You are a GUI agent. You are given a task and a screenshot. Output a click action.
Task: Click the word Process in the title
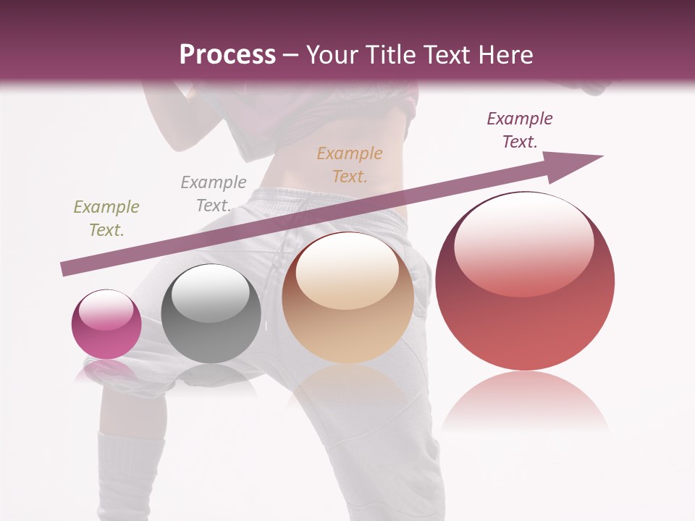click(x=227, y=54)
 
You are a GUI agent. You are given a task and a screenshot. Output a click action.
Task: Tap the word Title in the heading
click(x=392, y=54)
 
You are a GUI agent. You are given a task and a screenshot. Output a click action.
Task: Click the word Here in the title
click(x=506, y=54)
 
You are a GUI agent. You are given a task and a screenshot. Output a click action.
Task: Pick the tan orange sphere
click(x=348, y=297)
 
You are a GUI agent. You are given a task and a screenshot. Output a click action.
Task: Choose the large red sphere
click(x=525, y=281)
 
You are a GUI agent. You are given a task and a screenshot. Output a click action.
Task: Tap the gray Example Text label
click(x=213, y=194)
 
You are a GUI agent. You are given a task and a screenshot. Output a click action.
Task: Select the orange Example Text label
click(x=350, y=164)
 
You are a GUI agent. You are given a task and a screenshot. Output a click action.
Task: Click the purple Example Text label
click(x=520, y=130)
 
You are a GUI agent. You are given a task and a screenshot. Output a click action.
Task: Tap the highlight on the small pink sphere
click(x=106, y=310)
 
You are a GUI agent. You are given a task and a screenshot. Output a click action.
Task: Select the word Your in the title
click(x=332, y=54)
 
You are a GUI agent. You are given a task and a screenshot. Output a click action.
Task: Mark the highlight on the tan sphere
click(x=347, y=270)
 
